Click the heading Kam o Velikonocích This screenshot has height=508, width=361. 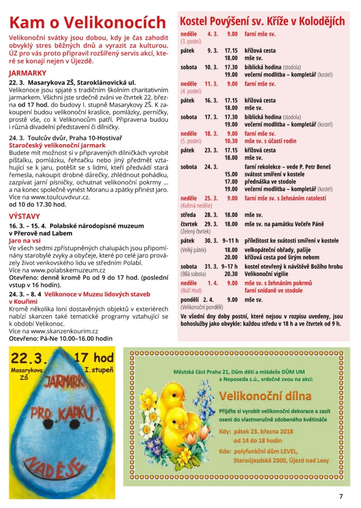point(88,23)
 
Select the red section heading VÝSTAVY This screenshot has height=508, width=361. point(25,216)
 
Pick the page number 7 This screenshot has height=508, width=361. point(341,496)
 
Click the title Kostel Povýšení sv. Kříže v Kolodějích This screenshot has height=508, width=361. point(262,21)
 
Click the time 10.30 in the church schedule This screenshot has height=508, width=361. point(231,141)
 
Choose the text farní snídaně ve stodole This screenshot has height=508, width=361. point(273,290)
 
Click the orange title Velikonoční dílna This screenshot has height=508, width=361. point(265,396)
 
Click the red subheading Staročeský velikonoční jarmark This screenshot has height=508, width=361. point(57,145)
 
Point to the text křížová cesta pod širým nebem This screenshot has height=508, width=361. point(281,257)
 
